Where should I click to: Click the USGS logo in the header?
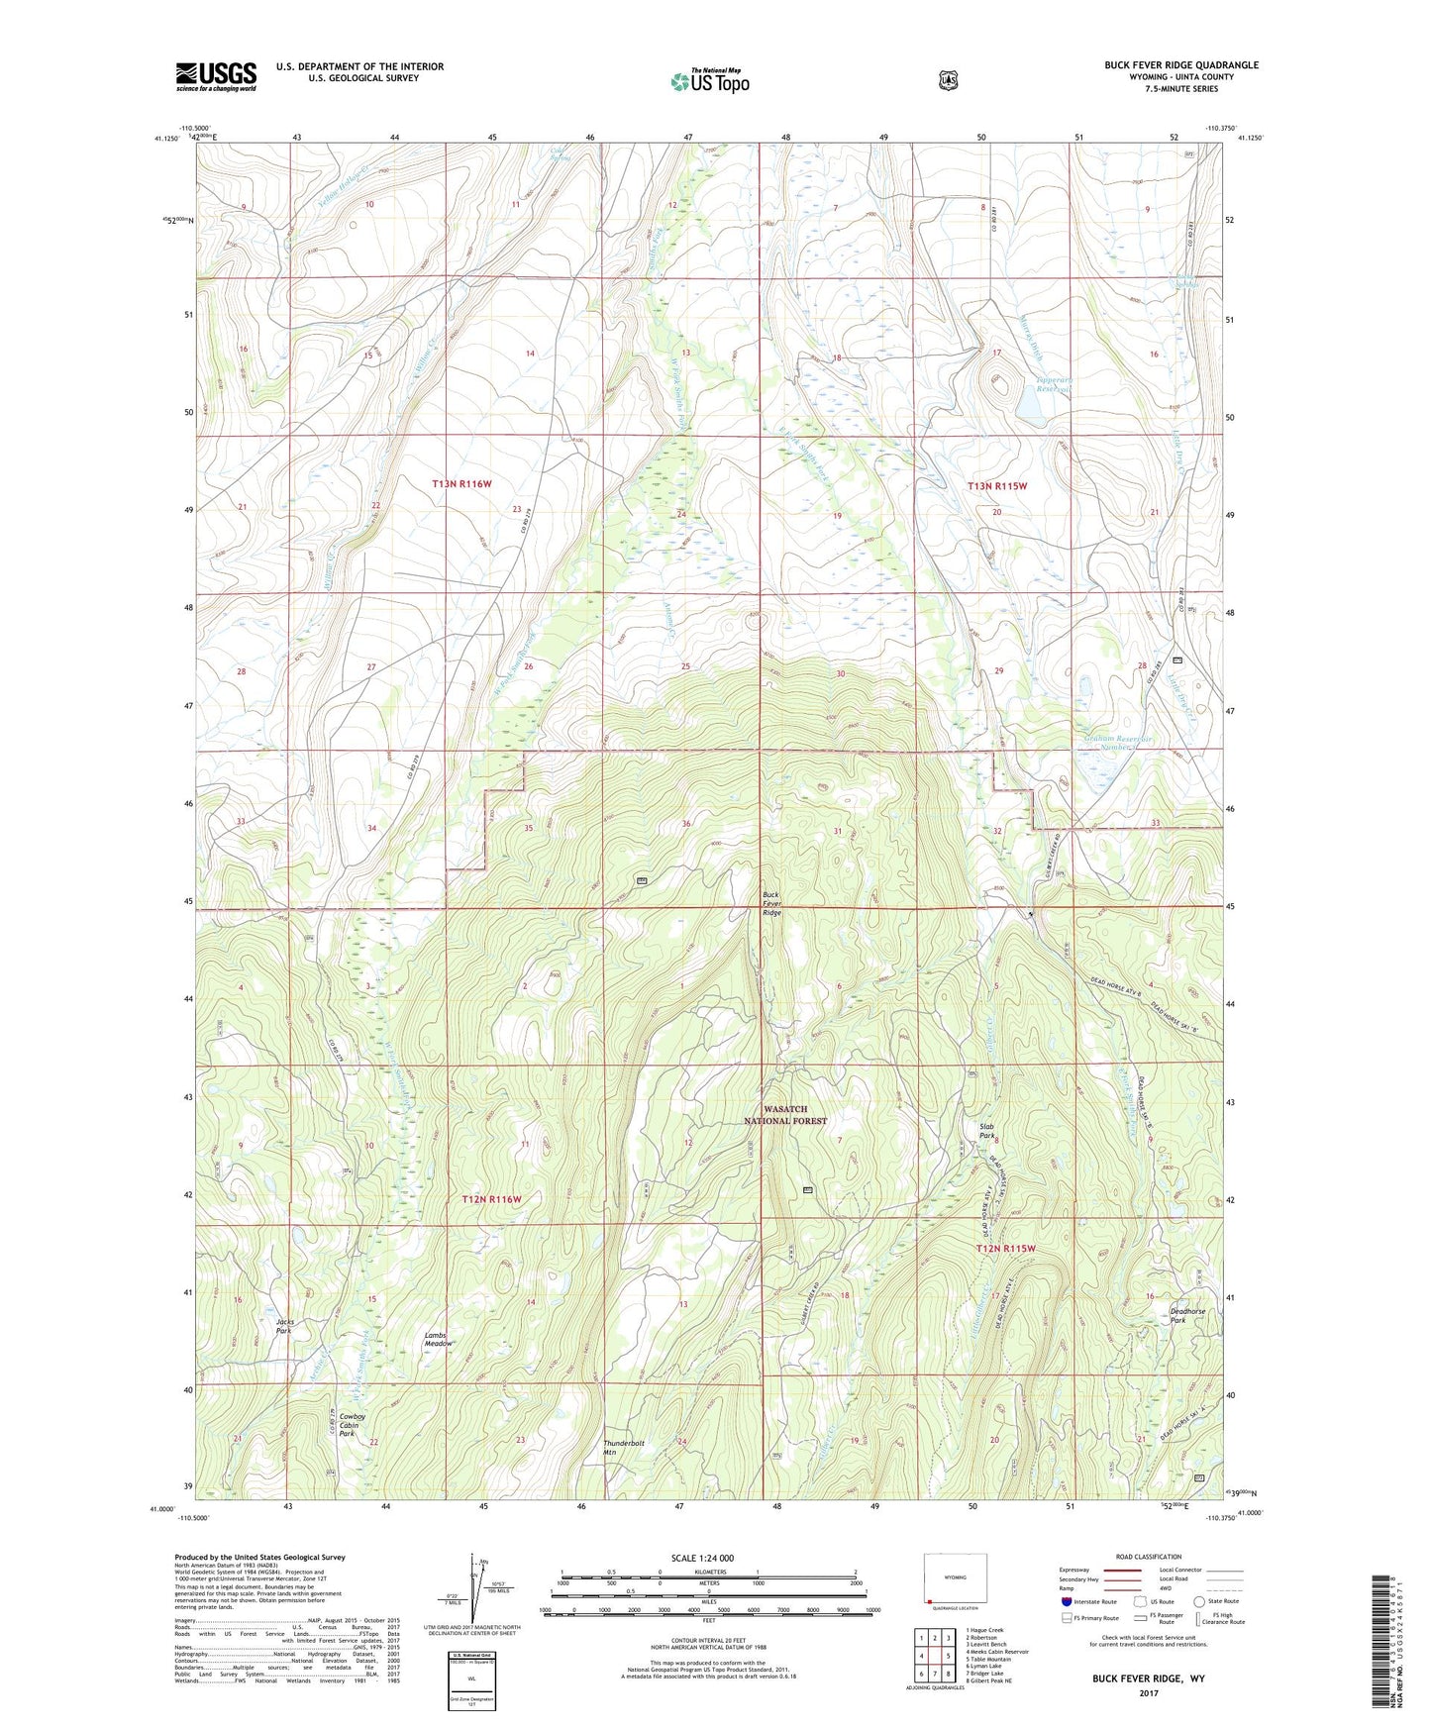pos(216,75)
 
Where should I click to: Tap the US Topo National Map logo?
pos(709,80)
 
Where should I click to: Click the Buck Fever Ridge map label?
pos(771,903)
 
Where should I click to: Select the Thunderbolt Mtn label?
pos(624,1447)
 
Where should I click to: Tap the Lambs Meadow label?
pos(439,1339)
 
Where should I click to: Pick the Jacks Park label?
pos(284,1326)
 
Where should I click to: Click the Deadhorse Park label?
pos(1187,1316)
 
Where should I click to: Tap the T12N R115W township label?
pos(1005,1249)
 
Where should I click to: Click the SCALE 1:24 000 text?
pos(702,1558)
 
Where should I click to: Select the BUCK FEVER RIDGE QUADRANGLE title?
pos(1181,65)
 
